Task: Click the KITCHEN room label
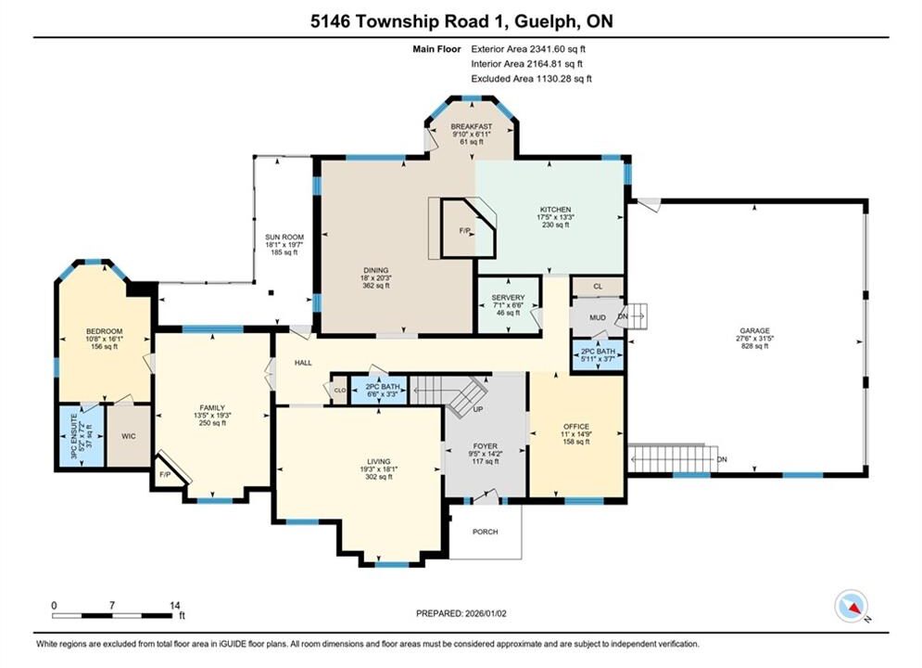(556, 210)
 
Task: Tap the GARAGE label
(754, 331)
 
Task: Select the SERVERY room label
(508, 298)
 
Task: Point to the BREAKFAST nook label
(471, 126)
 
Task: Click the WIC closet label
(128, 436)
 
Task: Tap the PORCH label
(486, 532)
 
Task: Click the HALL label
(303, 363)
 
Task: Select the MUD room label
(598, 317)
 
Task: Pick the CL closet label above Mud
(598, 287)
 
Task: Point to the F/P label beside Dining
(464, 231)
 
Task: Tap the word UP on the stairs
(478, 408)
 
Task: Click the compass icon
(851, 606)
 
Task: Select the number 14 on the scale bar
(174, 605)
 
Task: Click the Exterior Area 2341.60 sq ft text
(528, 49)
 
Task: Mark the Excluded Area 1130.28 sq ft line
(531, 78)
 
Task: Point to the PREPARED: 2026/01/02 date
(461, 613)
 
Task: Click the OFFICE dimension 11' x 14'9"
(576, 434)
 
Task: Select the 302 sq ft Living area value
(379, 477)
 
